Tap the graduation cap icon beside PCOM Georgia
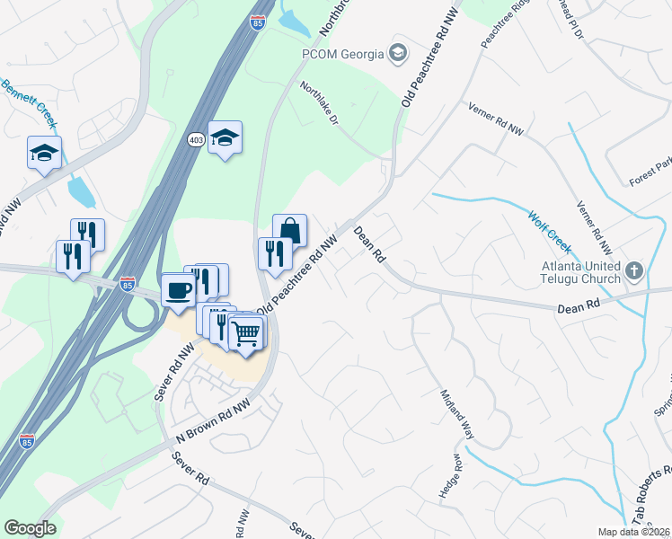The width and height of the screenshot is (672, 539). click(397, 54)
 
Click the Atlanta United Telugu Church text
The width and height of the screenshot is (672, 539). click(580, 272)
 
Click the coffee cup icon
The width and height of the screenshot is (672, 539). click(177, 291)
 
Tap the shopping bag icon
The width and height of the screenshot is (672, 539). click(289, 230)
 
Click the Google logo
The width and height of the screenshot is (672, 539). click(30, 528)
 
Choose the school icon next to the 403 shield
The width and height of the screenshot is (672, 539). click(225, 137)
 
